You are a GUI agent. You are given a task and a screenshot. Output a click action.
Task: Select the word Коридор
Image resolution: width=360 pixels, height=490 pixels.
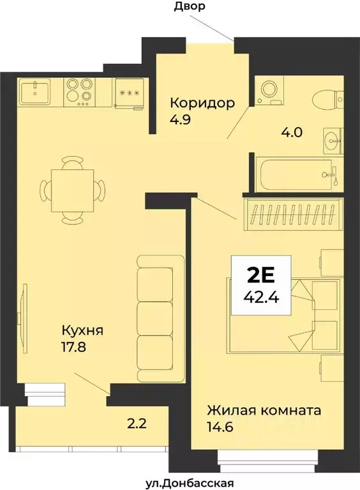pyautogui.click(x=202, y=102)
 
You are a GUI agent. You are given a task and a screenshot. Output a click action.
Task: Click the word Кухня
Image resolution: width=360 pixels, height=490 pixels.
pyautogui.click(x=82, y=331)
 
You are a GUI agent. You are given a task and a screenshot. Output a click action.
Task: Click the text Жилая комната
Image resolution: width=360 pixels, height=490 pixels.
pyautogui.click(x=264, y=410)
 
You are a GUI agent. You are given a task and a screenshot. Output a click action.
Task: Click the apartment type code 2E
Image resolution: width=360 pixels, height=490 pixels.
pyautogui.click(x=260, y=275)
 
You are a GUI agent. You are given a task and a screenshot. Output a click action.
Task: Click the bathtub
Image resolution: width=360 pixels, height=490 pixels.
pyautogui.click(x=296, y=172)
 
